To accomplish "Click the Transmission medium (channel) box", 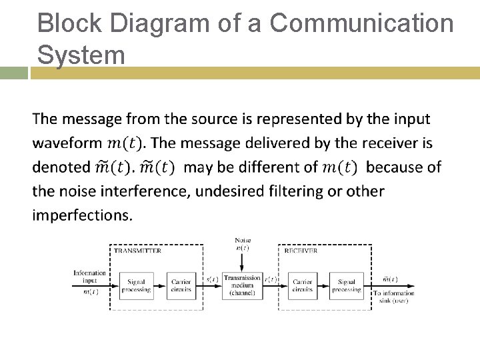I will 242,285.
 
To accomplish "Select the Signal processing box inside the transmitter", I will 136,285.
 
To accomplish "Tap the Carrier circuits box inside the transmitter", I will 181,285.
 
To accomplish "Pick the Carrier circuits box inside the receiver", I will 302,285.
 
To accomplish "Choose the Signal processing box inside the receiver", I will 346,285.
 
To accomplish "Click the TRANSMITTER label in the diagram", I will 137,251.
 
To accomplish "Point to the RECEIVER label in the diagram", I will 301,251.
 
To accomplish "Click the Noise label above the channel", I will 242,240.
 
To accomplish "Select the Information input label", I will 89,276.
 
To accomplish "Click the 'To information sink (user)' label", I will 393,297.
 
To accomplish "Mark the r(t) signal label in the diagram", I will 271,280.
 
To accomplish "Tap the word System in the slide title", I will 81,54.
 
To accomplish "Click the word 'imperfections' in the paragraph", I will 82,215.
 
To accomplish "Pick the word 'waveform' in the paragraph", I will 67,143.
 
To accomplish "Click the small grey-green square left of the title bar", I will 13,73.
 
